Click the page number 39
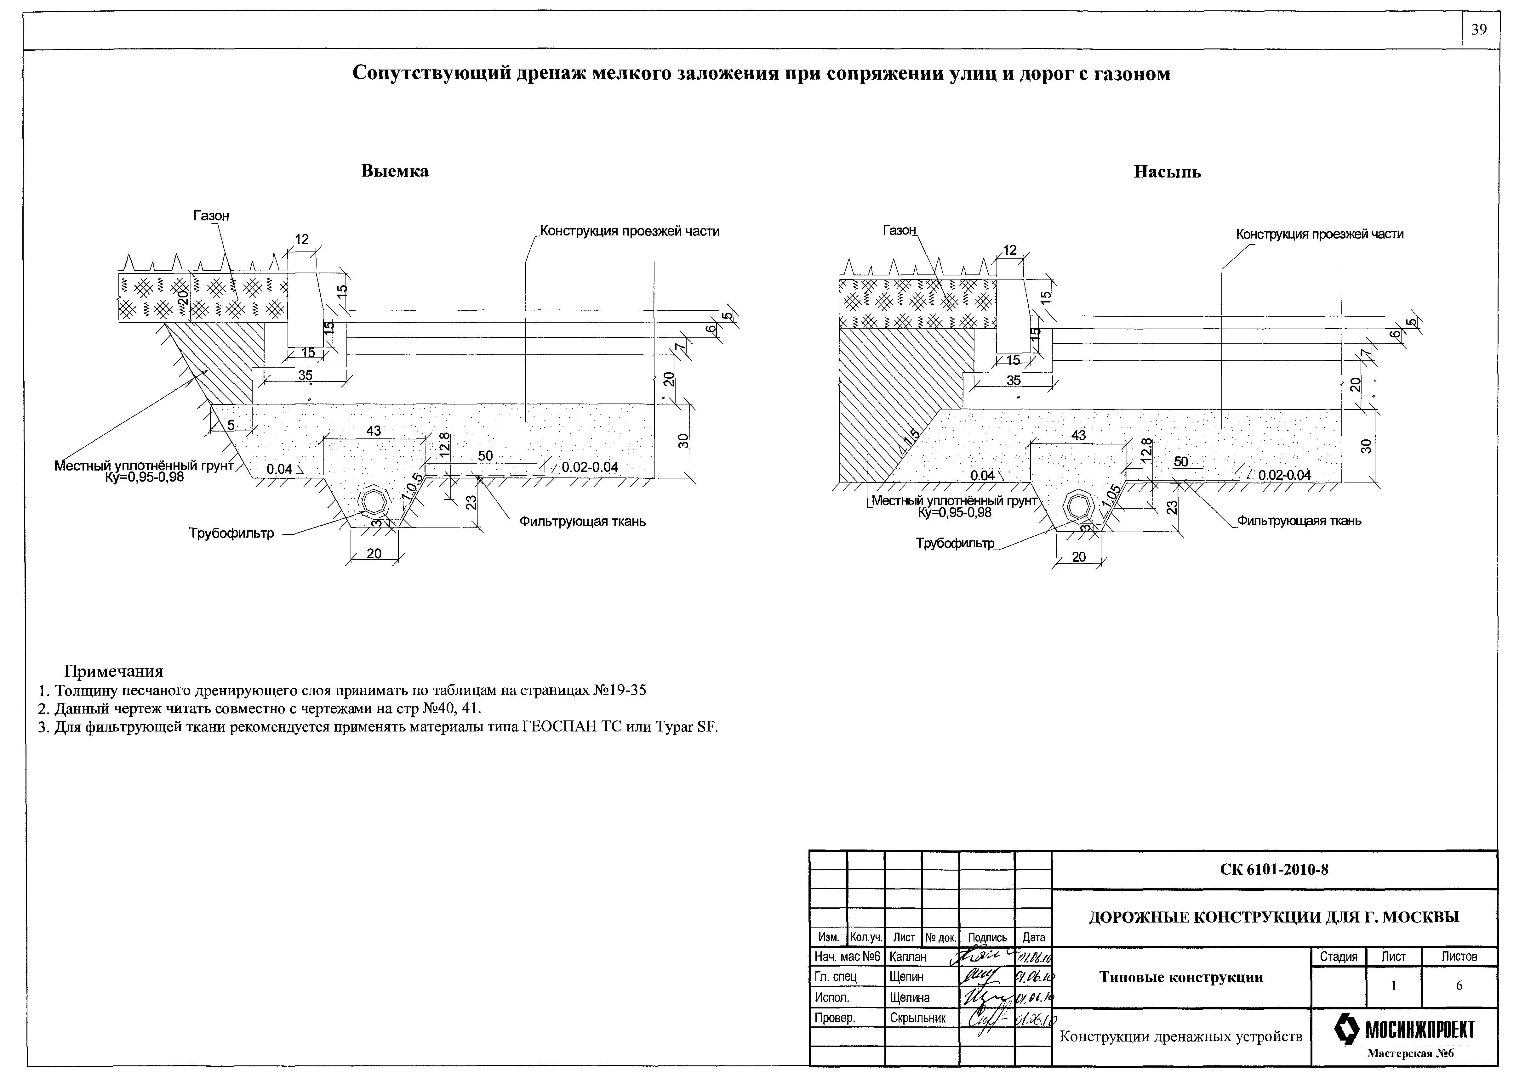1479,31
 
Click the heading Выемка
395,171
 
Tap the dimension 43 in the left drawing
374,431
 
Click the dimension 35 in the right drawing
1014,380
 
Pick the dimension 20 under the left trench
374,553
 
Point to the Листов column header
1459,957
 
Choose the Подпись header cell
987,937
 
